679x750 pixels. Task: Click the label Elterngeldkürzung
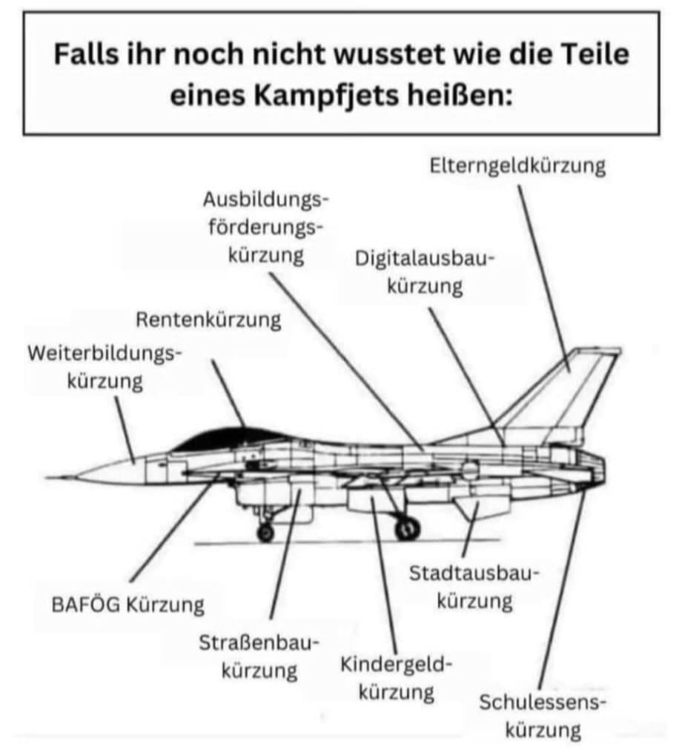(x=517, y=165)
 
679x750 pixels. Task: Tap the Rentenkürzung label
(x=208, y=320)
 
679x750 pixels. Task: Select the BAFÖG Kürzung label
(x=127, y=605)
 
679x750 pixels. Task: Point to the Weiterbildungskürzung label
(x=105, y=367)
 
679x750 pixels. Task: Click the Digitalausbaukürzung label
(x=425, y=272)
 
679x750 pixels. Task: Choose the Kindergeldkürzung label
(x=396, y=678)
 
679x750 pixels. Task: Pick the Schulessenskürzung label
(x=543, y=715)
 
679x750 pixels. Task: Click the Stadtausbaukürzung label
(x=474, y=586)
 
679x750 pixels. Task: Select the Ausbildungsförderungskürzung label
(x=266, y=227)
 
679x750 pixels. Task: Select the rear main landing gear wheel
(x=407, y=528)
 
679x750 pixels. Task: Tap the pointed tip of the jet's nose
(x=49, y=475)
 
